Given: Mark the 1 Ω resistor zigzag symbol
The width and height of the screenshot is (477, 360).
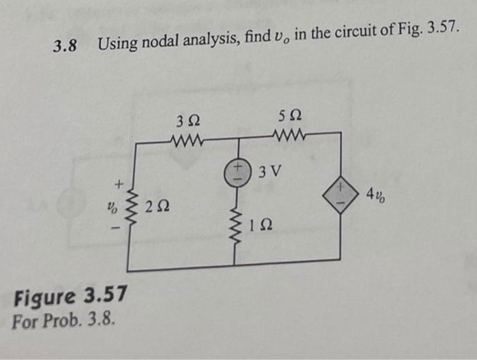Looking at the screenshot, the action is [x=237, y=226].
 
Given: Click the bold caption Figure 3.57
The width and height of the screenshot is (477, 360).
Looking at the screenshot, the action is [x=70, y=297].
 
